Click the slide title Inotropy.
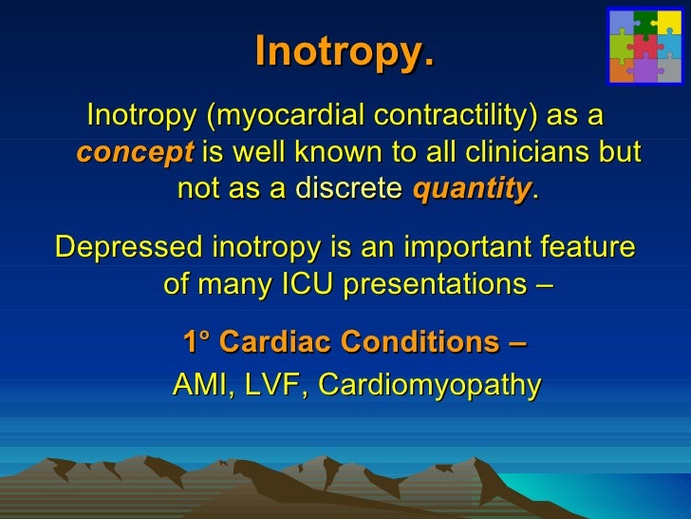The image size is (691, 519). click(345, 53)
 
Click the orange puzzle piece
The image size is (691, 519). click(622, 69)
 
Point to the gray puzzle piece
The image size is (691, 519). click(669, 69)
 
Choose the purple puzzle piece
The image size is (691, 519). click(645, 70)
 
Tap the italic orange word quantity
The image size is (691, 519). click(471, 189)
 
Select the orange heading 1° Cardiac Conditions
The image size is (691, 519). click(356, 341)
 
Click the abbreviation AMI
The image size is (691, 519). click(200, 385)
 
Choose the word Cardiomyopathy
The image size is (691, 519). click(429, 385)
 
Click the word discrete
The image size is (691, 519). click(346, 189)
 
